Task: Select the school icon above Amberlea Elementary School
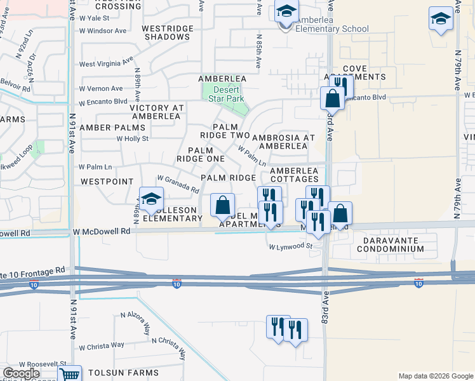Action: (x=286, y=12)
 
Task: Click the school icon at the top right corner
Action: (x=441, y=18)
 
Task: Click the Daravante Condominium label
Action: (x=389, y=244)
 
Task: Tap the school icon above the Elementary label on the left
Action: (x=151, y=199)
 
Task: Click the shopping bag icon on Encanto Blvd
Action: (x=332, y=98)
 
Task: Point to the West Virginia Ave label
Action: (x=105, y=63)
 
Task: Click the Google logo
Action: (x=21, y=373)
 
